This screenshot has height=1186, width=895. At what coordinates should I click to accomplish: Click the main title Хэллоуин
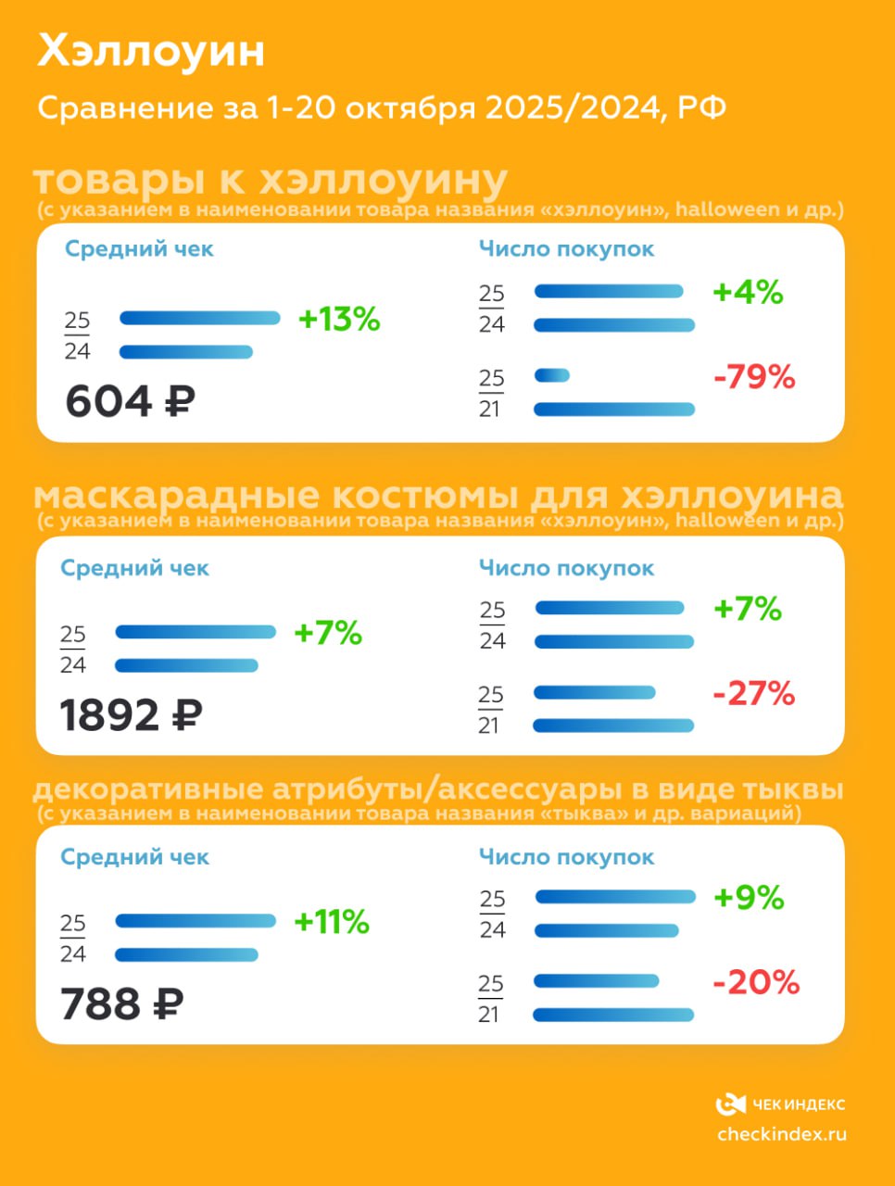151,52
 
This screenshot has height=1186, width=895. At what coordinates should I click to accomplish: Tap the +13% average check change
339,320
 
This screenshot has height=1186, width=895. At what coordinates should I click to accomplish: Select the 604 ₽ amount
130,401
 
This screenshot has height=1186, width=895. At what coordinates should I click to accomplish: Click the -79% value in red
754,377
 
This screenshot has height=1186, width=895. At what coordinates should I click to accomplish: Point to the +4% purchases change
748,293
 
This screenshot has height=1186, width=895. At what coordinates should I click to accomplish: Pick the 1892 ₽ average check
131,715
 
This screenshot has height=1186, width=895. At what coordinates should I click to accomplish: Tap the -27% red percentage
754,693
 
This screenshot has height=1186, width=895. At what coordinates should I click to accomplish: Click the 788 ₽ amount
121,1004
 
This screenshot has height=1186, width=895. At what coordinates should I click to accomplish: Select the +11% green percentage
332,922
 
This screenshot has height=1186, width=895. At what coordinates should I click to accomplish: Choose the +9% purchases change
749,898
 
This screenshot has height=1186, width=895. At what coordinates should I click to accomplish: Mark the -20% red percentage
756,982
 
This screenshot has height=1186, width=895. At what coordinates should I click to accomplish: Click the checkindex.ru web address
782,1134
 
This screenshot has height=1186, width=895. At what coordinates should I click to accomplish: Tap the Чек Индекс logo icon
731,1104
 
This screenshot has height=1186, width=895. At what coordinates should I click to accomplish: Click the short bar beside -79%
552,376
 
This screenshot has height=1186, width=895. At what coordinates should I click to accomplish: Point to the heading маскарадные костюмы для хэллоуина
438,496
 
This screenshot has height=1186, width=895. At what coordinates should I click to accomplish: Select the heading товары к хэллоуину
271,180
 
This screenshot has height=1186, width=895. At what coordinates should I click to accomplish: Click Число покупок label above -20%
566,858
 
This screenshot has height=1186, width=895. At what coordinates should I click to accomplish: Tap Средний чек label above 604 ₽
139,249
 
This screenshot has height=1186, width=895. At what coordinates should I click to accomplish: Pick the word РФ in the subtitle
701,108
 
